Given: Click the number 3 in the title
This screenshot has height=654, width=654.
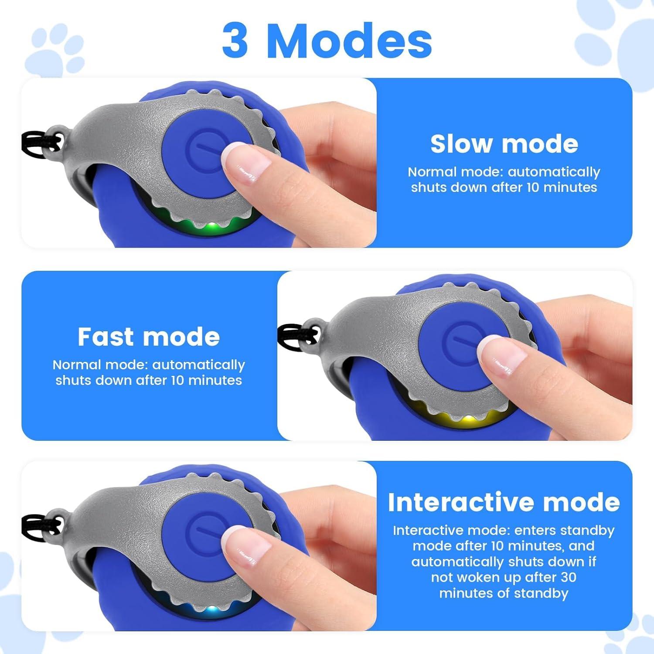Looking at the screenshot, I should [x=235, y=41].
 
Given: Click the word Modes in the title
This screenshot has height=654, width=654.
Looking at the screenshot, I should [x=353, y=41].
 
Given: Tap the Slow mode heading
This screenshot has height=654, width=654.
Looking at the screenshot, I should [x=504, y=144].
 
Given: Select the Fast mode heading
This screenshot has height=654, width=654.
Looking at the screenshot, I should [x=149, y=337].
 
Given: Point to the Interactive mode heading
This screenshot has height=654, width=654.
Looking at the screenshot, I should [x=504, y=502].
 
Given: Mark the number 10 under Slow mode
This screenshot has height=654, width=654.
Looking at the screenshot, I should [x=537, y=187].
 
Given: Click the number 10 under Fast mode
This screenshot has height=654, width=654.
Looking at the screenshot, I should [x=181, y=380].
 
